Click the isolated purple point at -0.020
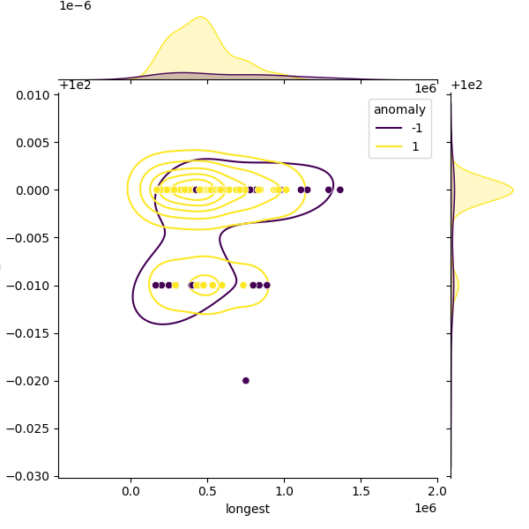246,381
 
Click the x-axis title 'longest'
248,509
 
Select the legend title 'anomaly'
399,110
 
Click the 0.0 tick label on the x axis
130,490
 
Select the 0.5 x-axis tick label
207,490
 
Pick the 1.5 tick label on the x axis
361,490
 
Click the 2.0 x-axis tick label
437,490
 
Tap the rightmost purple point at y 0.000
339,190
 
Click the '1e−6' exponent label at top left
75,6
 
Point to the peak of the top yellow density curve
201,17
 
